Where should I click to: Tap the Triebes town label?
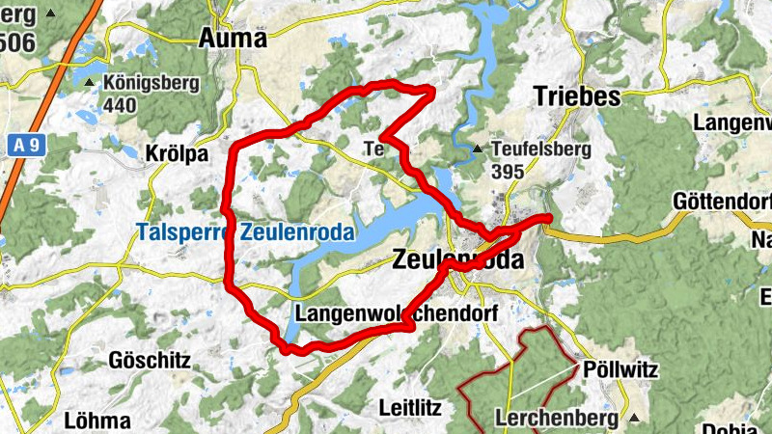point(576,97)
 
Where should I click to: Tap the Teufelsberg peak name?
point(534,149)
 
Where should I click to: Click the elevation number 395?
point(508,172)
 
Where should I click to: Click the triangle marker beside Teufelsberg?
point(478,149)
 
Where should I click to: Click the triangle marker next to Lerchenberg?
point(633,419)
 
